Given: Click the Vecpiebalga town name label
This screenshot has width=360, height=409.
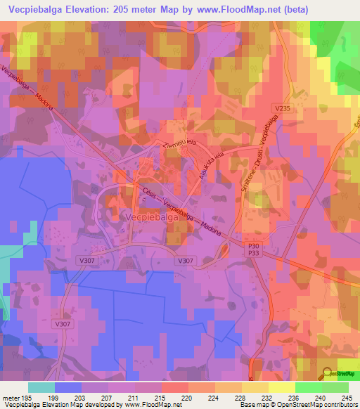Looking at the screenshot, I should tap(152, 219).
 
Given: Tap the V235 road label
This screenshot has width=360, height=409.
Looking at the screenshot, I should tap(283, 108).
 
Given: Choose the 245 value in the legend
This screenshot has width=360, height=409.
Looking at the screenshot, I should tap(346, 398).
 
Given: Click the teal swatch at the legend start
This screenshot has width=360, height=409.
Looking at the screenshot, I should tap(41, 387).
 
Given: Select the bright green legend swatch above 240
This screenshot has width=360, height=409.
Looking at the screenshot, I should tap(308, 387).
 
